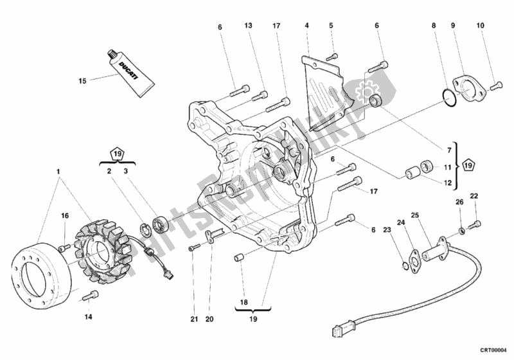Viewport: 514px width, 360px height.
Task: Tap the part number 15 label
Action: pyautogui.click(x=82, y=81)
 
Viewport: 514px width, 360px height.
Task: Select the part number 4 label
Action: pyautogui.click(x=307, y=26)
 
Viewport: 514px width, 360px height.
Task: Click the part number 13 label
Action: pyautogui.click(x=249, y=26)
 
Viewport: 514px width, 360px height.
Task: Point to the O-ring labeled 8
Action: pyautogui.click(x=449, y=96)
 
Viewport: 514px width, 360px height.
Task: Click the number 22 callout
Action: pyautogui.click(x=474, y=195)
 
